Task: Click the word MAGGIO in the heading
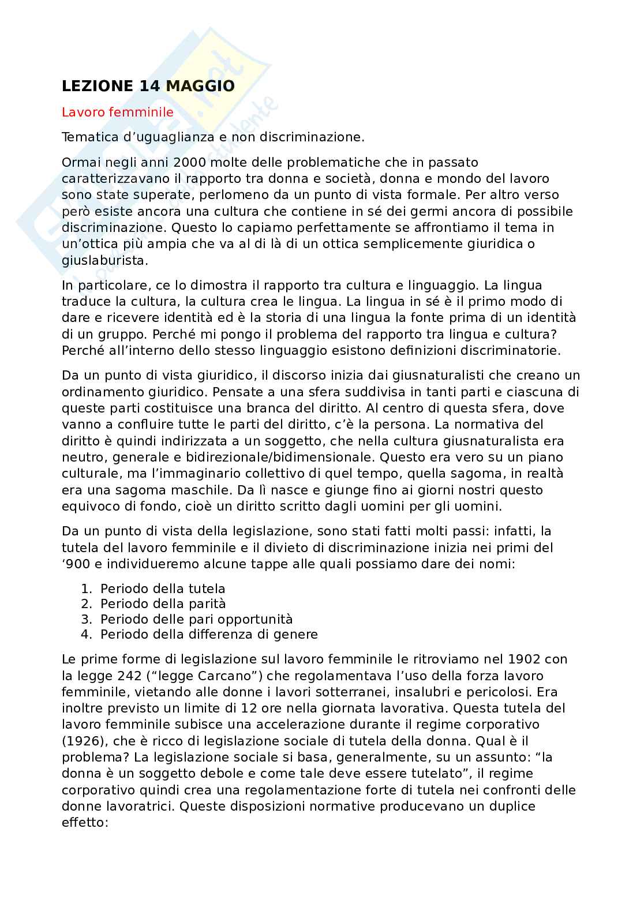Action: (200, 86)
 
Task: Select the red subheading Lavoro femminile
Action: (118, 112)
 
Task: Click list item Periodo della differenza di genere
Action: (209, 635)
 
